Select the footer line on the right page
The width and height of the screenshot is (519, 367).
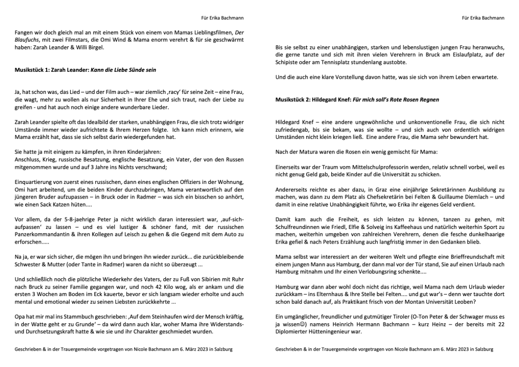[384, 349]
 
